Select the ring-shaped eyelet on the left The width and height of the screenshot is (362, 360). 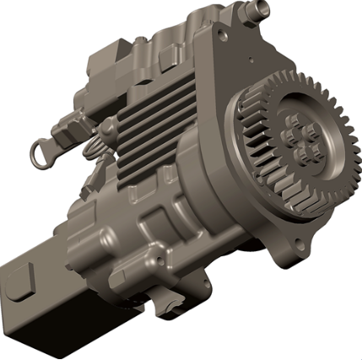[x=39, y=153]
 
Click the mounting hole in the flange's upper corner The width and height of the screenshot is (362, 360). [x=223, y=38]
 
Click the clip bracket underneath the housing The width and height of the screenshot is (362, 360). [x=173, y=295]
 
